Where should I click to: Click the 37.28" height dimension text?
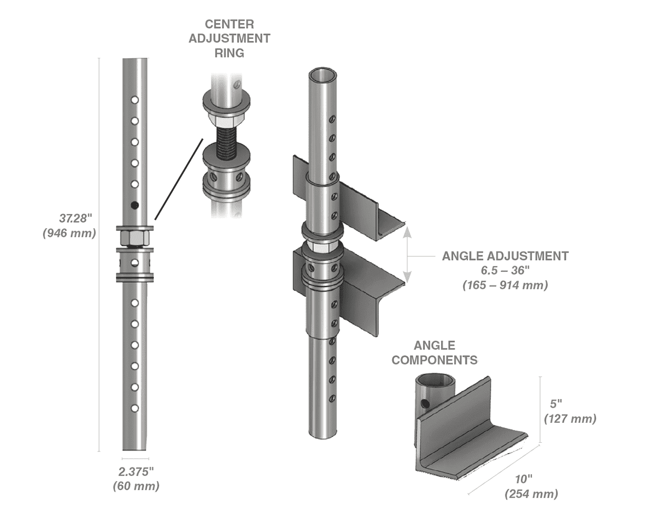[76, 218]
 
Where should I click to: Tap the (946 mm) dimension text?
[69, 234]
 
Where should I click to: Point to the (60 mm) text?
[136, 485]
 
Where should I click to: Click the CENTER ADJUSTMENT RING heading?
[230, 38]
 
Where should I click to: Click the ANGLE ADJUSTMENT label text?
[505, 256]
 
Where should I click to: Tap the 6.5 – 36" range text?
[505, 270]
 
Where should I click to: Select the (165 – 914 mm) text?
[505, 285]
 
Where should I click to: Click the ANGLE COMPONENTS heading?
[434, 352]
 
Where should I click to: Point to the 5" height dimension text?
[555, 403]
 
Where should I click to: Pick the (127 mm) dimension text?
[570, 418]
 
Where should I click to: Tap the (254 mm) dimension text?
[531, 493]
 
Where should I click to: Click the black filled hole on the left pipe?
[134, 205]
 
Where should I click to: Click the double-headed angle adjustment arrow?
[408, 254]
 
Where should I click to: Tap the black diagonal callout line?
[179, 178]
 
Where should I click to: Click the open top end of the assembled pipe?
[322, 74]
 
